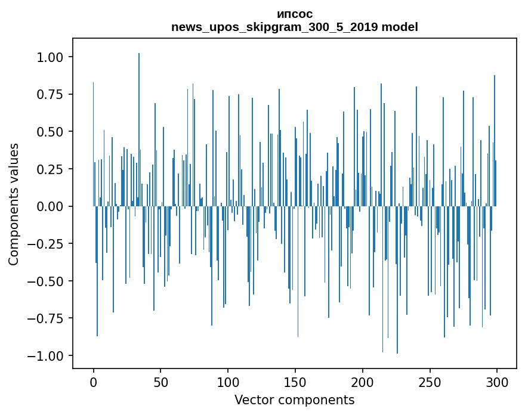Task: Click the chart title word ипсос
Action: tap(295, 14)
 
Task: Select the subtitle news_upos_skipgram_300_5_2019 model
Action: tap(295, 27)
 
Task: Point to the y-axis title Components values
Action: tap(14, 204)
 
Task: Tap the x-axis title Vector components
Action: tap(295, 400)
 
